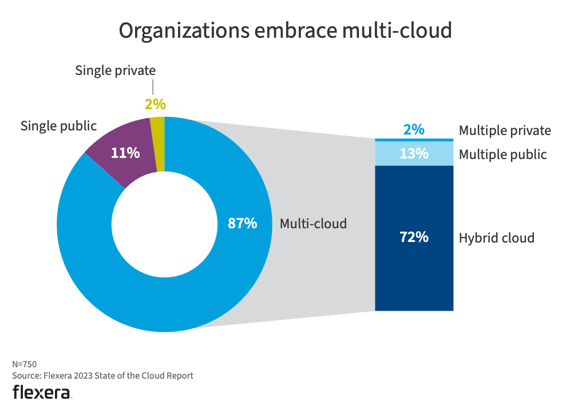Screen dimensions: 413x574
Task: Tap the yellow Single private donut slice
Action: click(x=158, y=143)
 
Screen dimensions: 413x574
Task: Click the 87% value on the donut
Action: click(x=242, y=224)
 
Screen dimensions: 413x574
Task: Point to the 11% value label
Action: click(x=125, y=153)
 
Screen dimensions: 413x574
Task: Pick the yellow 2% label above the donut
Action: click(x=155, y=104)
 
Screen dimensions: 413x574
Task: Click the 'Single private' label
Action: click(x=116, y=71)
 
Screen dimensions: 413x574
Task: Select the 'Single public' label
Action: click(x=59, y=126)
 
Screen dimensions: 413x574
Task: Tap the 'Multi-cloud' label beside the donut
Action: click(x=313, y=224)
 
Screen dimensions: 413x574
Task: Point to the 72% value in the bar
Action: click(x=414, y=237)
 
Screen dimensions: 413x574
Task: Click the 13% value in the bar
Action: click(x=414, y=154)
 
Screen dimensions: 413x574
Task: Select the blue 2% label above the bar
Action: click(x=414, y=130)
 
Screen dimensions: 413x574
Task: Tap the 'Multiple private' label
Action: click(x=505, y=131)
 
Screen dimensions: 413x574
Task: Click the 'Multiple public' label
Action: click(x=502, y=154)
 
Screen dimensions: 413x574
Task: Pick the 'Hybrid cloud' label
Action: click(x=496, y=238)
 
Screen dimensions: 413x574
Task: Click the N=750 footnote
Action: click(x=25, y=364)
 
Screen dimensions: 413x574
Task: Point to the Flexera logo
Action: click(x=42, y=392)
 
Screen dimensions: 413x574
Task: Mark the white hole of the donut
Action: click(x=164, y=224)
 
